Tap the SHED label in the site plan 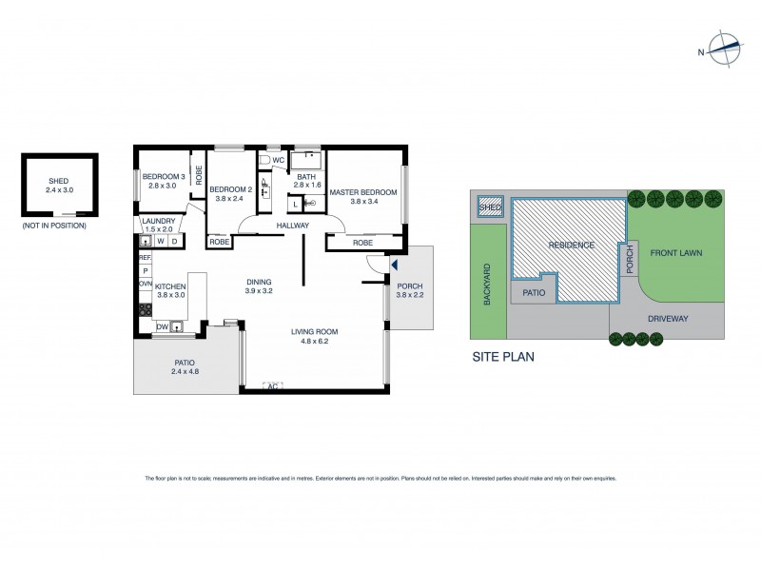point(490,207)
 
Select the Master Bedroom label point(363,197)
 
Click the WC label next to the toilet point(279,161)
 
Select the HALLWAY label point(292,225)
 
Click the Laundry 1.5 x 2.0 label point(160,225)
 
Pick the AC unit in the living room point(272,386)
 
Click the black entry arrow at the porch point(395,267)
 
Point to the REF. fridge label point(146,258)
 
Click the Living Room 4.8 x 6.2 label point(314,336)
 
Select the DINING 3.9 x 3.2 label point(259,286)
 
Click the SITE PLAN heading point(503,358)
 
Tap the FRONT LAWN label point(676,254)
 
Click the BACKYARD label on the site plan point(488,285)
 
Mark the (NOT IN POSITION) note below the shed point(54,226)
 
